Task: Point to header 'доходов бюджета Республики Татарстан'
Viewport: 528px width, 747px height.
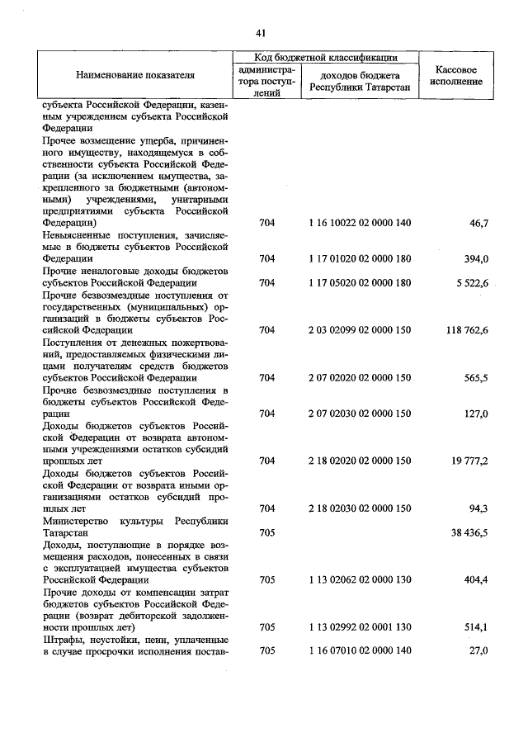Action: [x=359, y=81]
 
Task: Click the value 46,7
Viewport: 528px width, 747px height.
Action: [x=478, y=223]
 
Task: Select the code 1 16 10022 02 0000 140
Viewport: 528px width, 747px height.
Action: [x=359, y=223]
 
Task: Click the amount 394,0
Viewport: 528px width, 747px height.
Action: [x=475, y=258]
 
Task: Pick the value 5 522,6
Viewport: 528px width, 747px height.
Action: [x=470, y=282]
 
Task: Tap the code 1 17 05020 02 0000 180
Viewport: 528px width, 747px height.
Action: [x=359, y=282]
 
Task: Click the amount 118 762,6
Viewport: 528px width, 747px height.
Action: [x=464, y=330]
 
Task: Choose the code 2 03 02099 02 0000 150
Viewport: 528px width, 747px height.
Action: [x=359, y=330]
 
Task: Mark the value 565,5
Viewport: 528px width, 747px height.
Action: [x=475, y=377]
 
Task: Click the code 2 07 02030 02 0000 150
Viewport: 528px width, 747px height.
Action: [x=359, y=414]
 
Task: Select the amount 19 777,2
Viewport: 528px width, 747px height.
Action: [x=468, y=461]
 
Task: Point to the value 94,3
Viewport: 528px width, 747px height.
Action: [x=478, y=508]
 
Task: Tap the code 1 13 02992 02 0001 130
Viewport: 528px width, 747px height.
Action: [x=359, y=627]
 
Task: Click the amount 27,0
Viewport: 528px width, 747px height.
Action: [x=478, y=651]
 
